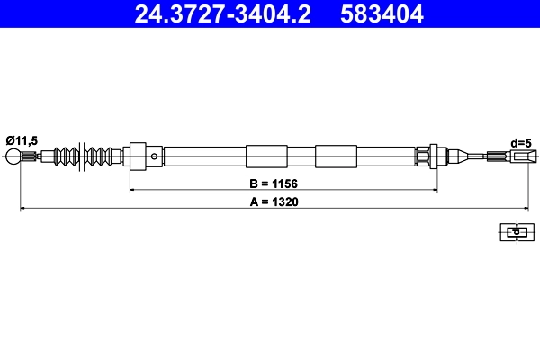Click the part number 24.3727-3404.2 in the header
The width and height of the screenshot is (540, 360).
pyautogui.click(x=227, y=14)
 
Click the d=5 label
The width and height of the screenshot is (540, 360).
pyautogui.click(x=522, y=142)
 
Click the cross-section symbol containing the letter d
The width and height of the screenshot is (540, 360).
pyautogui.click(x=516, y=231)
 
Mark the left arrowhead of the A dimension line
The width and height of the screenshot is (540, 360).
pyautogui.click(x=23, y=209)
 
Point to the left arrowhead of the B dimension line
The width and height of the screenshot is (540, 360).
pyautogui.click(x=133, y=190)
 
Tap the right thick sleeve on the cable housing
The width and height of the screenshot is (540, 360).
pyautogui.click(x=336, y=157)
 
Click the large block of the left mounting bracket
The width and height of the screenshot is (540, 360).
pyautogui.click(x=138, y=157)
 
